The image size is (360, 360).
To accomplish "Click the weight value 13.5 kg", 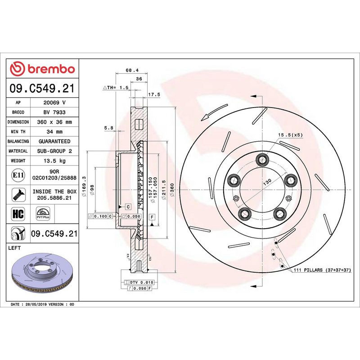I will coord(54,161).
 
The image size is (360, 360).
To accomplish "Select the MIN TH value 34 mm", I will coord(54,132).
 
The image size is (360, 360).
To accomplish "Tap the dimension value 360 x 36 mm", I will coord(54,122).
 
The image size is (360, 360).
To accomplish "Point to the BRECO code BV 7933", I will coord(54,112).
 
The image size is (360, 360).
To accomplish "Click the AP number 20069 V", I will coord(54,103).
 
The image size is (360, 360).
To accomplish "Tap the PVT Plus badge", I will coord(43,213).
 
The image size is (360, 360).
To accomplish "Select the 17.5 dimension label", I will coord(154,94).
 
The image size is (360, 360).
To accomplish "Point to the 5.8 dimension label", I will coord(108,128).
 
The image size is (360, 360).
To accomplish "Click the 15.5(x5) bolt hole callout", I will coord(290,135).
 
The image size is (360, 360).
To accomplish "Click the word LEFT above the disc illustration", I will coord(15,248).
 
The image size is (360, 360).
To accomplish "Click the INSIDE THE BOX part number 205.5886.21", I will coord(54,198).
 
